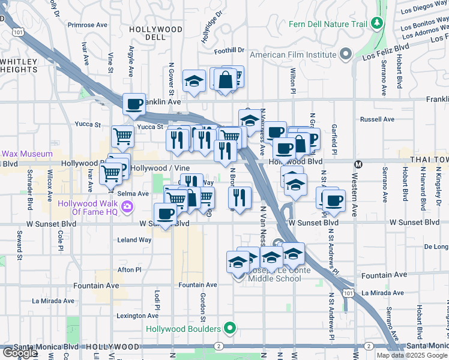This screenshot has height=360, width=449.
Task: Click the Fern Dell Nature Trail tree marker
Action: [x=377, y=23]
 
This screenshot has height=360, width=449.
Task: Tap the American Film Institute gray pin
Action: [x=345, y=55]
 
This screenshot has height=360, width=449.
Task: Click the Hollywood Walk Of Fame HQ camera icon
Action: [x=127, y=207]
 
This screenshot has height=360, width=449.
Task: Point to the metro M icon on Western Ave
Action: [x=358, y=164]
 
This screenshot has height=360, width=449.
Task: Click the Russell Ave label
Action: [x=377, y=119]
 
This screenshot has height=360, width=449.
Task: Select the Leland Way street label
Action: [x=134, y=239]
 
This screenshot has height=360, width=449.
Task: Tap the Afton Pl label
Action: [x=129, y=269]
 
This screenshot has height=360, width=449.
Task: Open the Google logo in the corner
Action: [x=20, y=353]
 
